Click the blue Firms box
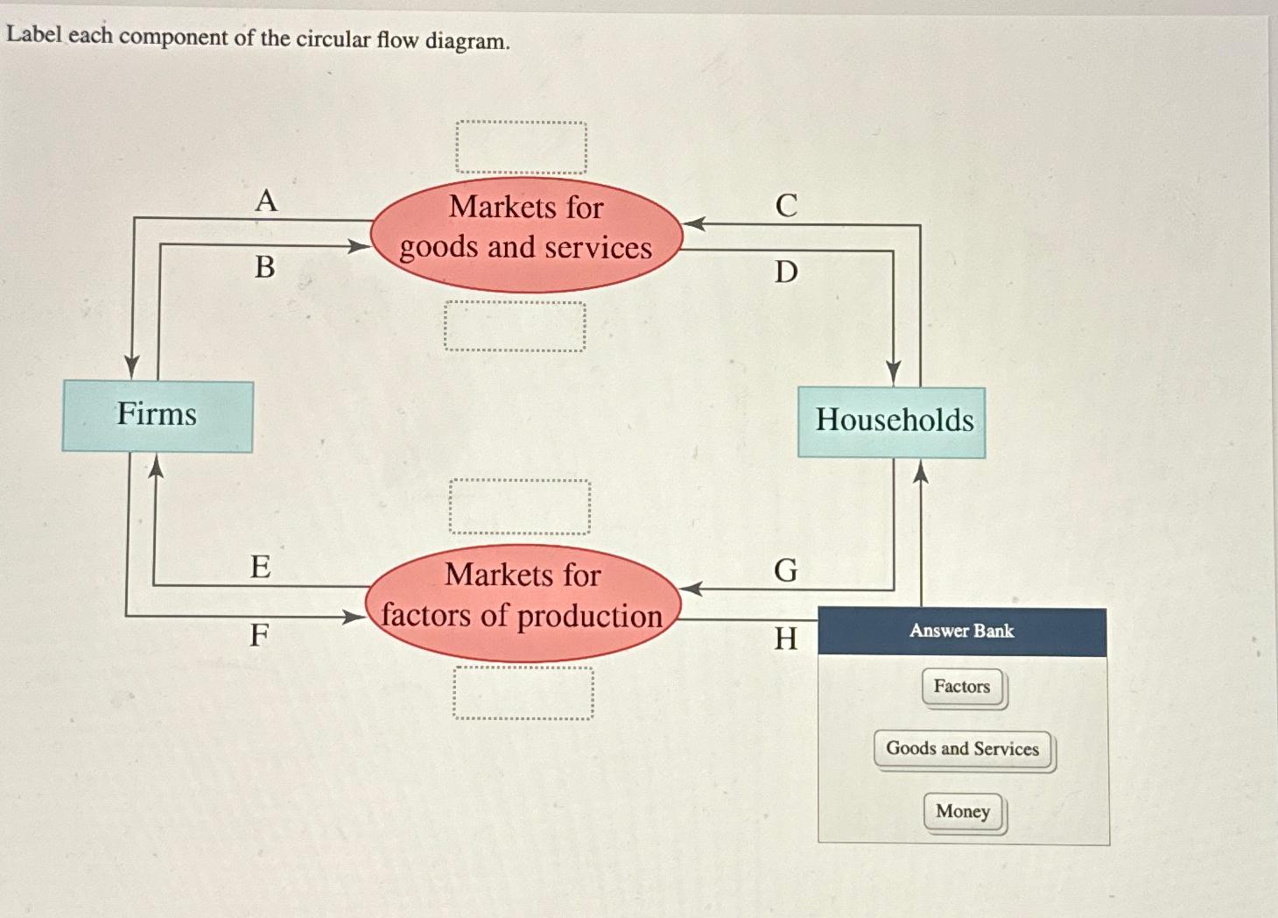pyautogui.click(x=158, y=416)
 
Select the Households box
pyautogui.click(x=892, y=421)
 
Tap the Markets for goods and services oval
pyautogui.click(x=526, y=235)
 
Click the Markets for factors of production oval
pyautogui.click(x=523, y=603)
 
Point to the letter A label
pyautogui.click(x=266, y=201)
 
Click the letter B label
pyautogui.click(x=265, y=267)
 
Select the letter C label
pyautogui.click(x=786, y=206)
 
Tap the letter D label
pyautogui.click(x=786, y=272)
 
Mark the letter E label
pyautogui.click(x=261, y=567)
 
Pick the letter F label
pyautogui.click(x=259, y=634)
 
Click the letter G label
pyautogui.click(x=786, y=571)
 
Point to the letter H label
pyautogui.click(x=786, y=639)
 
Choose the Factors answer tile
pyautogui.click(x=962, y=687)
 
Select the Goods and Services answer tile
pyautogui.click(x=962, y=749)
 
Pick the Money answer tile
pyautogui.click(x=963, y=812)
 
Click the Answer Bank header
pyautogui.click(x=962, y=632)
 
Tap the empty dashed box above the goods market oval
pyautogui.click(x=522, y=147)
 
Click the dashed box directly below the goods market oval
pyautogui.click(x=515, y=327)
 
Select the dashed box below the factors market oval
pyautogui.click(x=523, y=693)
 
